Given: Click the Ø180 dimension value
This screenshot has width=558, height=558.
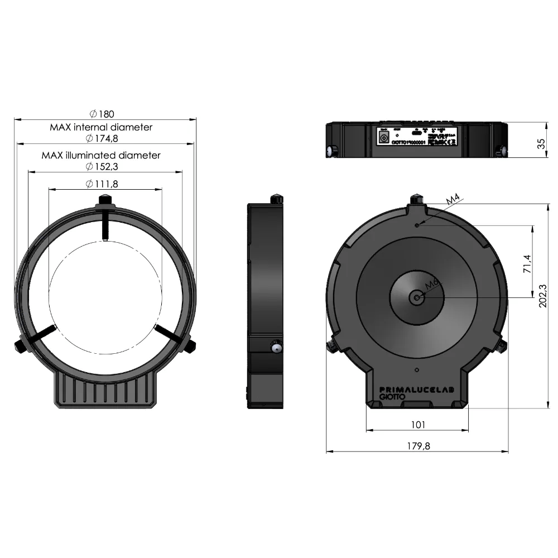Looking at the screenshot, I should click(x=102, y=114).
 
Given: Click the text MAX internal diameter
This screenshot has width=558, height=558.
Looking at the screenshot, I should click(x=101, y=127).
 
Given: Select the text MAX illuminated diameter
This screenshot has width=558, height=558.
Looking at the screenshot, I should click(x=101, y=155).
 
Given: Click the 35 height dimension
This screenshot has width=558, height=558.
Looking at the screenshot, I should click(x=541, y=143).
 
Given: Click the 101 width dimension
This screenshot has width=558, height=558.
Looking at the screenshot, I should click(x=417, y=425).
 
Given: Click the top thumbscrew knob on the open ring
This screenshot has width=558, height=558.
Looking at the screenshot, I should click(x=104, y=199).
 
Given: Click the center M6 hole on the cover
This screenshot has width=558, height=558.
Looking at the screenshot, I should click(x=417, y=297).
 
